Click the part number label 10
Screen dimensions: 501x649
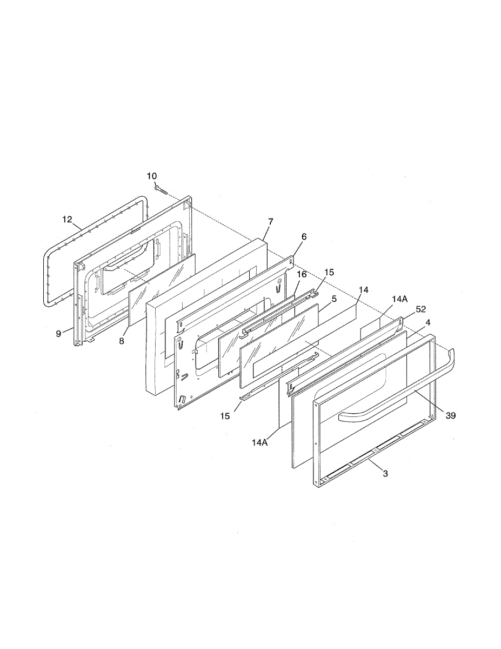pyautogui.click(x=151, y=176)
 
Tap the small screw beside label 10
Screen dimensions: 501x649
pyautogui.click(x=161, y=189)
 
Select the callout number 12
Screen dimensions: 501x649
pyautogui.click(x=67, y=220)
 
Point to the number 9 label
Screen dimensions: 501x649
pyautogui.click(x=58, y=334)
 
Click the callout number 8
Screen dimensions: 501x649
pyautogui.click(x=122, y=341)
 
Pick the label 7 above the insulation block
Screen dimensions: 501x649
pyautogui.click(x=271, y=222)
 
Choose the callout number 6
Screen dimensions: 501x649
pyautogui.click(x=304, y=237)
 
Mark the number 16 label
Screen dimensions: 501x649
pyautogui.click(x=302, y=275)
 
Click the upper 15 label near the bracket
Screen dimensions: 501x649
pyautogui.click(x=329, y=273)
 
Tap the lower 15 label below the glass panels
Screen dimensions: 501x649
pyautogui.click(x=225, y=416)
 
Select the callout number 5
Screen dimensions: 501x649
pyautogui.click(x=334, y=299)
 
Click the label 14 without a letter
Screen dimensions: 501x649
pyautogui.click(x=363, y=290)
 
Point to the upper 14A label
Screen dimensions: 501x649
pyautogui.click(x=399, y=299)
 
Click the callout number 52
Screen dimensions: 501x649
pyautogui.click(x=420, y=309)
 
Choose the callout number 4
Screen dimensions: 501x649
pyautogui.click(x=428, y=322)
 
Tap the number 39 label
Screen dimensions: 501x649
pyautogui.click(x=451, y=415)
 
